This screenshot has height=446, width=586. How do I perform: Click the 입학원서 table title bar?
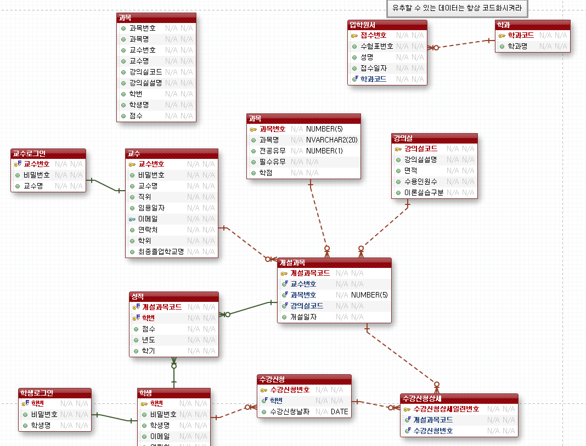coord(387,25)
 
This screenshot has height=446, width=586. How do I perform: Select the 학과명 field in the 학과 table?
coord(517,47)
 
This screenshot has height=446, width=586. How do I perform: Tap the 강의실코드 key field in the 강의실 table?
coord(421,148)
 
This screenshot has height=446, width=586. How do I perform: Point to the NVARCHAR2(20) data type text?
coord(332,140)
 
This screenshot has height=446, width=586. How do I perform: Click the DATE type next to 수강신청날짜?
coord(339,411)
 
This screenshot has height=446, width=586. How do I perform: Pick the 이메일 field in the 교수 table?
coord(148,219)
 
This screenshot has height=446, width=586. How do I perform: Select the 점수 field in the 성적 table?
coord(148,329)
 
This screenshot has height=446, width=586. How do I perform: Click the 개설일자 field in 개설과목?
coord(303,317)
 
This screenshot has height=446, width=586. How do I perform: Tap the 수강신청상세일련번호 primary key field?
coord(446,409)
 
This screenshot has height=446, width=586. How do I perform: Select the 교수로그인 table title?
coord(48,153)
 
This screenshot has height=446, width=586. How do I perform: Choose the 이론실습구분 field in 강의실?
coord(424,192)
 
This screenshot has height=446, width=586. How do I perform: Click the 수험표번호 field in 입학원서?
coord(376,46)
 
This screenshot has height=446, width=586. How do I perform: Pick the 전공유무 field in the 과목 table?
coord(273,151)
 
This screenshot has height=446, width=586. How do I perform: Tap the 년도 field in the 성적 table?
coord(148,340)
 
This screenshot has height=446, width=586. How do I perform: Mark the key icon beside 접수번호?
coord(354,35)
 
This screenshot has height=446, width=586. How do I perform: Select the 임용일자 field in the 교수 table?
coord(151,208)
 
